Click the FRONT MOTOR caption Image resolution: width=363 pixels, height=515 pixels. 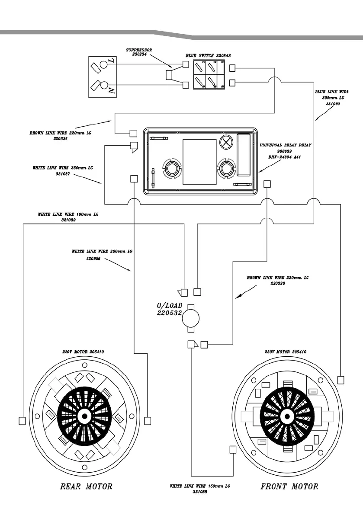click(289, 486)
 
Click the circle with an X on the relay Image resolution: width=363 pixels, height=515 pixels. click(226, 142)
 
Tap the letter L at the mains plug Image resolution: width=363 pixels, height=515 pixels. click(111, 62)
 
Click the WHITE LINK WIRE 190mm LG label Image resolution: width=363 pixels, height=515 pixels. click(66, 217)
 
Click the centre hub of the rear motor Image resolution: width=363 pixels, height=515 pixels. click(84, 416)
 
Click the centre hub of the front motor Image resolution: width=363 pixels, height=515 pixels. click(286, 416)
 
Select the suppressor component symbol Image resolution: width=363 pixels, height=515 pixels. click(170, 75)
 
